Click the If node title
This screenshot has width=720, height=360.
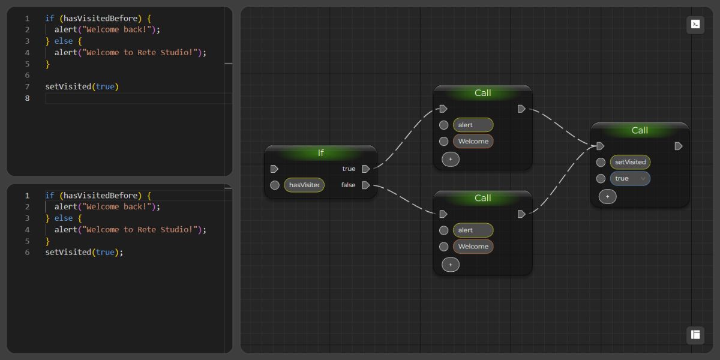tap(320, 153)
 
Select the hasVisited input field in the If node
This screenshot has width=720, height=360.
tap(304, 185)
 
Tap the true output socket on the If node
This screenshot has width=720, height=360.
tap(366, 169)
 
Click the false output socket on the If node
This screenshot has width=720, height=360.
tap(366, 185)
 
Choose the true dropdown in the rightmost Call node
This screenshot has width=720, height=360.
tap(630, 178)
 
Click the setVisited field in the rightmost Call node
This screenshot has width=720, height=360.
tap(630, 162)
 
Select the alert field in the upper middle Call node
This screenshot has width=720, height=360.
tap(473, 125)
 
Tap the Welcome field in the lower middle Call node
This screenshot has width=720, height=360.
tap(473, 247)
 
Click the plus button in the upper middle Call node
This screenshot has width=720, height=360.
tap(451, 159)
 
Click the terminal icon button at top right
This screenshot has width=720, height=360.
tap(695, 25)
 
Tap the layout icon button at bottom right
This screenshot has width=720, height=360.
tap(695, 335)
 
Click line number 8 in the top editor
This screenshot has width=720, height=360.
tap(27, 98)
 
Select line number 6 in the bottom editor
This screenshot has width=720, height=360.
tap(27, 253)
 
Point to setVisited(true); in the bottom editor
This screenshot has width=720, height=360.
tap(84, 253)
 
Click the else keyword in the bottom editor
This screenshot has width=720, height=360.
tap(64, 218)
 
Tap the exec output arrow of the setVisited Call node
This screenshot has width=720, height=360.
tap(679, 146)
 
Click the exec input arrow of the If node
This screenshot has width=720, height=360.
tap(274, 169)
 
